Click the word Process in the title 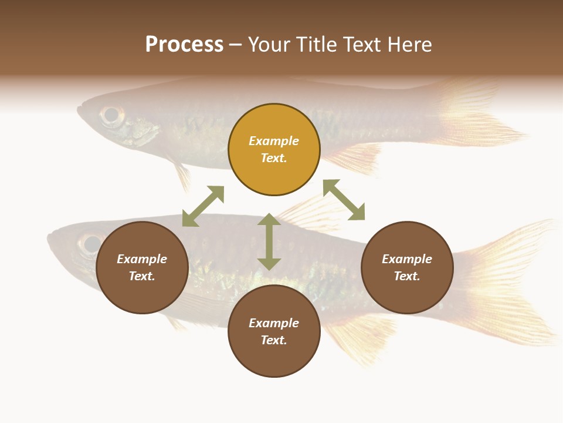(x=184, y=45)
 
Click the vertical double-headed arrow (x=269, y=242)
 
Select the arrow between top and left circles (x=203, y=206)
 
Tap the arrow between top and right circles (x=344, y=200)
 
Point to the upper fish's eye (x=110, y=115)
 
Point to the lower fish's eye (x=91, y=244)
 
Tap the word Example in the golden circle (x=274, y=141)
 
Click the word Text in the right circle (x=407, y=276)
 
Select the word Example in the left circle (x=142, y=259)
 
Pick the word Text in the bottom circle (x=274, y=340)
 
